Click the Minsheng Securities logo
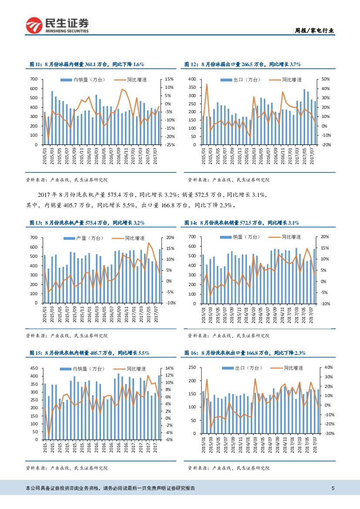[x=57, y=26]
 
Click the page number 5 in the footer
[x=333, y=488]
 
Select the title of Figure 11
[x=87, y=64]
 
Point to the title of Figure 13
[x=87, y=222]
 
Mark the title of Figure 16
[x=245, y=353]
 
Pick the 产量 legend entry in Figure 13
[x=81, y=238]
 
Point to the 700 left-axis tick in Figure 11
[x=34, y=79]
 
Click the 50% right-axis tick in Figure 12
[x=326, y=79]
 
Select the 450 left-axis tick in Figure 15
[x=34, y=368]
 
